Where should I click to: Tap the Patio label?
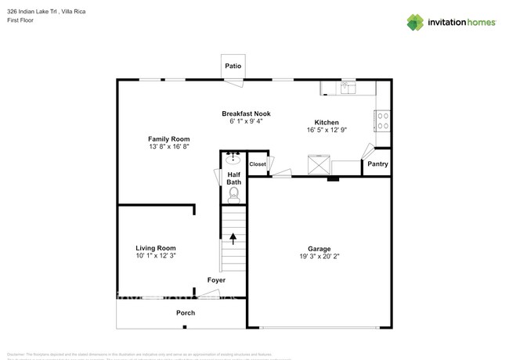click(x=233, y=67)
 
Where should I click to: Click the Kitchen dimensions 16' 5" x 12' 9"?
click(x=326, y=130)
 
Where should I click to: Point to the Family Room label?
click(x=169, y=139)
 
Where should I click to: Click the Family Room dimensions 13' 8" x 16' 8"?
click(x=169, y=146)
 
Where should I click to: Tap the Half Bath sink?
click(x=233, y=160)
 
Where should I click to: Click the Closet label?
click(x=257, y=164)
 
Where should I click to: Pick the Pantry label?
click(x=377, y=164)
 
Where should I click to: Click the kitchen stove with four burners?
click(x=382, y=121)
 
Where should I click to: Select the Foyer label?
click(x=216, y=280)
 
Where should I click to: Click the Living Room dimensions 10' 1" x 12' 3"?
click(x=156, y=256)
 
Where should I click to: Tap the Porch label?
click(x=186, y=313)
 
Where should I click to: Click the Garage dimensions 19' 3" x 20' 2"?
click(x=319, y=256)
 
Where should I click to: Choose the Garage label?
click(x=319, y=248)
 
